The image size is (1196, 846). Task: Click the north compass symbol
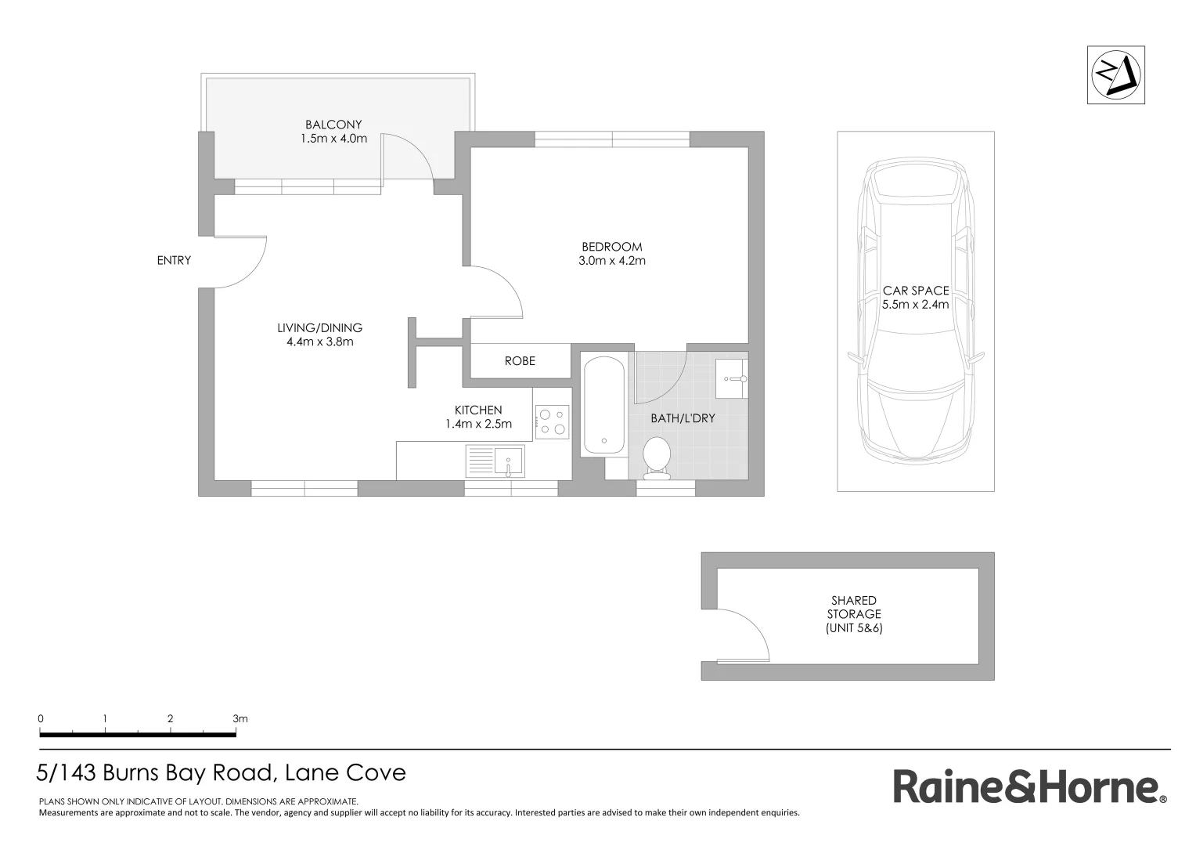(1115, 74)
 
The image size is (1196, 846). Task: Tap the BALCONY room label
(333, 125)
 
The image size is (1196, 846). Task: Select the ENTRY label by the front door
(174, 260)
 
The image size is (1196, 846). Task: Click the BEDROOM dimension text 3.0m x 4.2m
(611, 261)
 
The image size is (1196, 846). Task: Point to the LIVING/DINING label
(319, 328)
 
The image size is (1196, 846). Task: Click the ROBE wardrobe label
(520, 361)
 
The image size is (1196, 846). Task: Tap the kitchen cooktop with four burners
(552, 421)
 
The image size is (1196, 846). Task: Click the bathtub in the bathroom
(603, 404)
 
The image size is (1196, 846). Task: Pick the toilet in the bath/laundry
(656, 457)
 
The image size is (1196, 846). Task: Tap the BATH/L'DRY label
(683, 418)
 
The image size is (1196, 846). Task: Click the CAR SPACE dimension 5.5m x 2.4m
(915, 305)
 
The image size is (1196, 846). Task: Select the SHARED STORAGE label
(854, 608)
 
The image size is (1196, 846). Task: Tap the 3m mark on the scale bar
(236, 735)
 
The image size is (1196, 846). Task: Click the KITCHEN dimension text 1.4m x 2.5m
(478, 425)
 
